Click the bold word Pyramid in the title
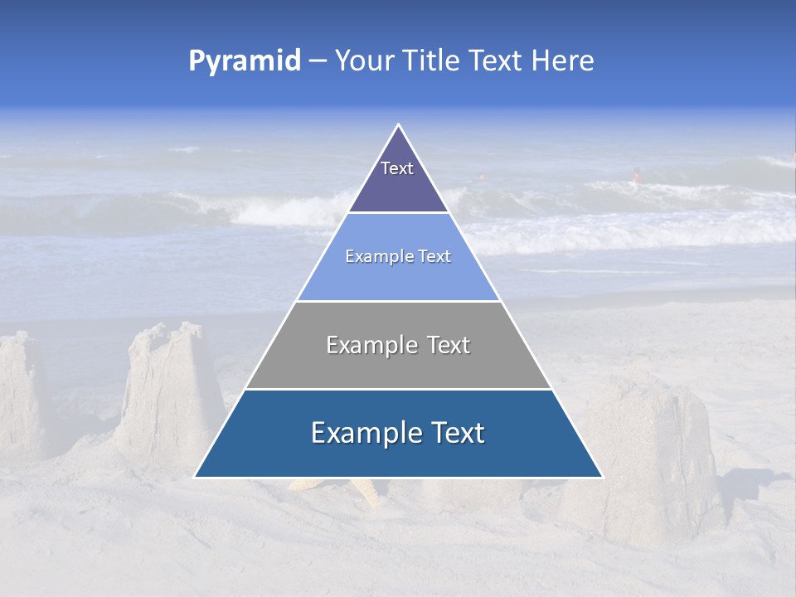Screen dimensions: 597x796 [245, 61]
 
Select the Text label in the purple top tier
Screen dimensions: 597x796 [397, 168]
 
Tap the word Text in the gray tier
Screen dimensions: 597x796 [449, 345]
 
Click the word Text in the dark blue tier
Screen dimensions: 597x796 [456, 433]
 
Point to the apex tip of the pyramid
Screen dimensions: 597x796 [398, 125]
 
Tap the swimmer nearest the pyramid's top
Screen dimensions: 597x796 [482, 177]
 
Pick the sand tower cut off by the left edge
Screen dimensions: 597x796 [21, 394]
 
